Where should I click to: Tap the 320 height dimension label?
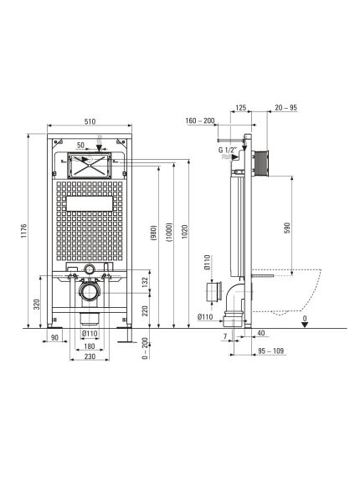pos(36,304)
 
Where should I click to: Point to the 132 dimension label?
pos(144,284)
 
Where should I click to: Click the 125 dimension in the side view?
pos(242,107)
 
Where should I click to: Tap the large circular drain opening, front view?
pos(89,293)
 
